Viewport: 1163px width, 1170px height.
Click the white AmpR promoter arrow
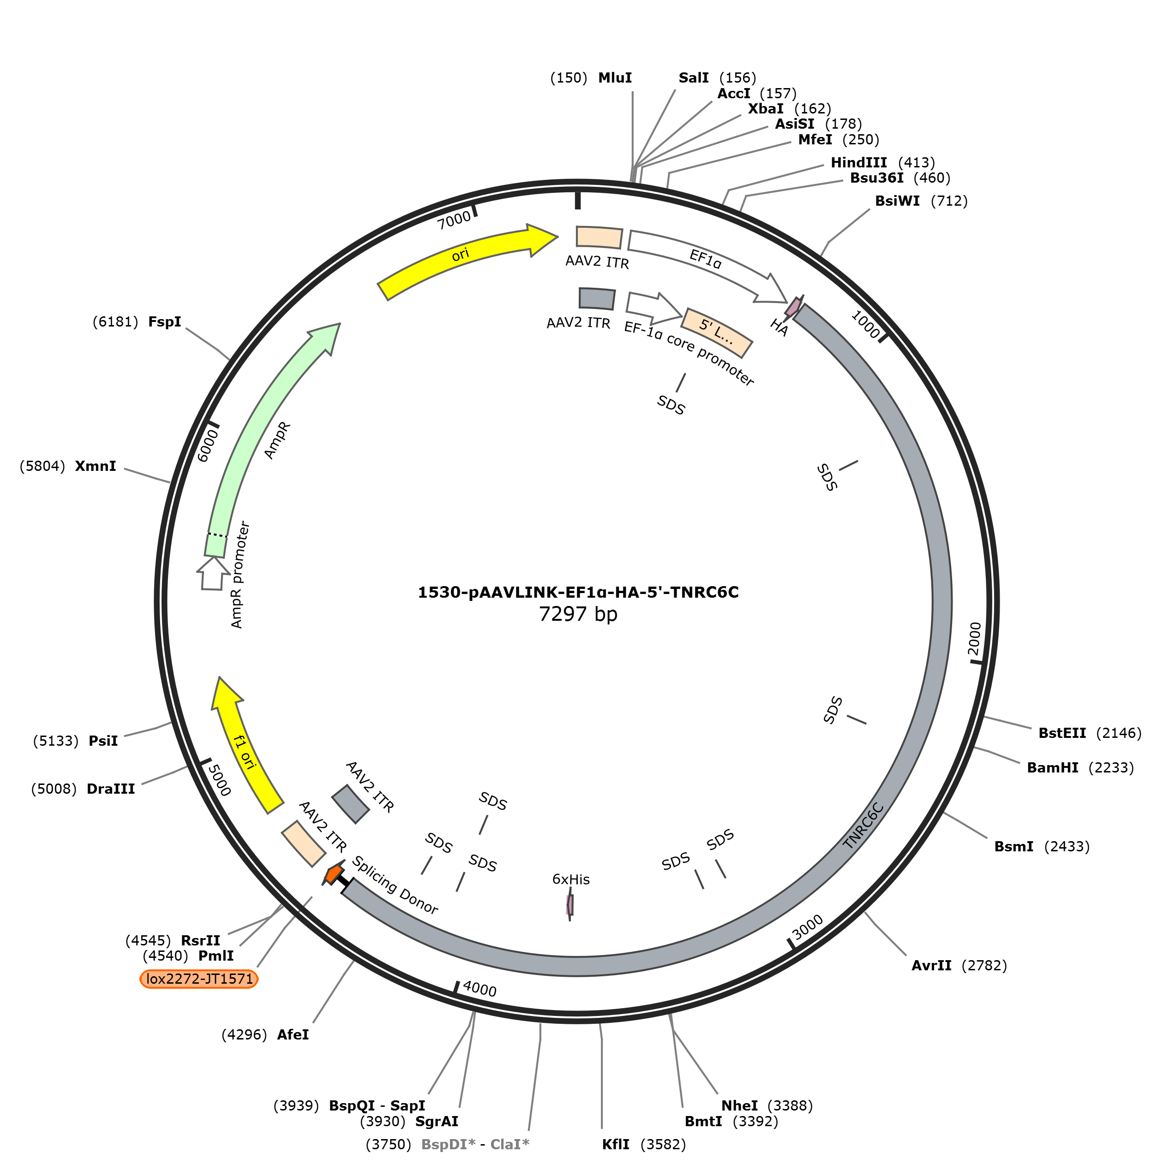[213, 574]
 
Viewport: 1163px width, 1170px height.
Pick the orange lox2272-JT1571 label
[199, 979]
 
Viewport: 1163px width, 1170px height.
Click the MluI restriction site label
[615, 78]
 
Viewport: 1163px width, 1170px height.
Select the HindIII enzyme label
[859, 163]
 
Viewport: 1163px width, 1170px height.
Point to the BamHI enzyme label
[1053, 768]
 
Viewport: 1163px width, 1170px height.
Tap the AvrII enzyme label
[931, 965]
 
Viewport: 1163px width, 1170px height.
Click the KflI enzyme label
[616, 1145]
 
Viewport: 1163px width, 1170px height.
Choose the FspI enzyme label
[165, 322]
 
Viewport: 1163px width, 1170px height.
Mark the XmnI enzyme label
[96, 466]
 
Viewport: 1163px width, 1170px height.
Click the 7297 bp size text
[578, 614]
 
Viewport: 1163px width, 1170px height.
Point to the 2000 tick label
[974, 639]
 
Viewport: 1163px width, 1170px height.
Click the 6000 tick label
[207, 445]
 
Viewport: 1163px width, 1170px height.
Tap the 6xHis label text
[571, 879]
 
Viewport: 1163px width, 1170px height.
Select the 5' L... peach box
[718, 333]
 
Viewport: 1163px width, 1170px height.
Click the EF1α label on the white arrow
[706, 259]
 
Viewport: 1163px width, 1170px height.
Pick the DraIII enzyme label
[111, 789]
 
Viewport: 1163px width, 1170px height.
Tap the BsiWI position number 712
[950, 201]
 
